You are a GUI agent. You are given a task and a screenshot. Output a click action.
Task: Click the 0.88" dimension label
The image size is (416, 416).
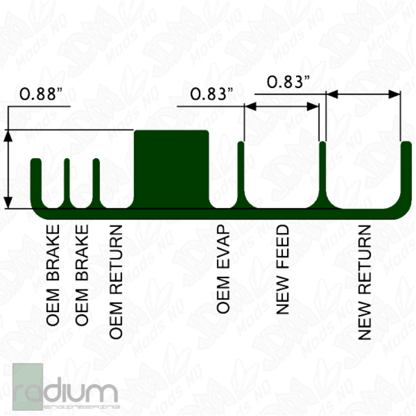coord(41,94)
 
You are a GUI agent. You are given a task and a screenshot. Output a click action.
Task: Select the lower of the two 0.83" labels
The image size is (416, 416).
coord(212,94)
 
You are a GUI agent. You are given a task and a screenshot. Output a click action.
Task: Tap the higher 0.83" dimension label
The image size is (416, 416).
coord(288,82)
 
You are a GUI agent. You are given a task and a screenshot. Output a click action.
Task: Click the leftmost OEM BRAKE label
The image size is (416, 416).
coord(52,275)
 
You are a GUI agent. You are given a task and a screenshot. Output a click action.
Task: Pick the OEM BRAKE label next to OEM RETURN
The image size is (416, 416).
coord(81,275)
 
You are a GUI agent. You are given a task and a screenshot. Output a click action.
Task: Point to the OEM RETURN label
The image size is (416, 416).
coord(116,282)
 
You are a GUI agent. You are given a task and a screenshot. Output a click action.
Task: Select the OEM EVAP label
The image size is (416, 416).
coord(223,269)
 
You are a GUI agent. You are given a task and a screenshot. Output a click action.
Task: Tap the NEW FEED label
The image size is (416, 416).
coord(282,270)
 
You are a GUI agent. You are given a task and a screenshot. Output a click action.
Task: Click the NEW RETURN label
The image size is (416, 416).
coord(364,282)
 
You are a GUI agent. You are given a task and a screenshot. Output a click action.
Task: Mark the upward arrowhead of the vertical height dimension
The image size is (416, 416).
coord(8,135)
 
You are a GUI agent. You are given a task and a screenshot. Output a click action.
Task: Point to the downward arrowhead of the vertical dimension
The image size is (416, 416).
coord(8,203)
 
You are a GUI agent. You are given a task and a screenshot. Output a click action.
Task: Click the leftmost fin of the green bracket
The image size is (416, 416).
coord(36,183)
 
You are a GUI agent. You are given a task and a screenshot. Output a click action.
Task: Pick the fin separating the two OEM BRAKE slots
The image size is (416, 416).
coord(67,183)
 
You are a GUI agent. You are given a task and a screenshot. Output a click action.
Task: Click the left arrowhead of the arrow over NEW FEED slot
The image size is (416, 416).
coord(250,106)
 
